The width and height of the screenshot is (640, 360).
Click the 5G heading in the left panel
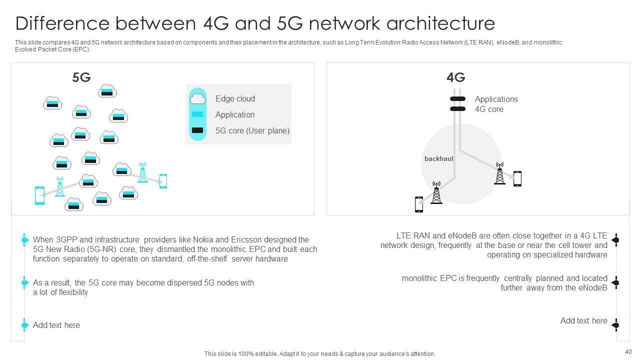[x=81, y=77]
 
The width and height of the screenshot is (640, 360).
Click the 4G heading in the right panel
[x=455, y=77]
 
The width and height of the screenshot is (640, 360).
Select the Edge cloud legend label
[x=235, y=99]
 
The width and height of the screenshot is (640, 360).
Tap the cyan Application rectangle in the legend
[x=197, y=114]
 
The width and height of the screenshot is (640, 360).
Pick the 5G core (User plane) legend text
[x=252, y=131]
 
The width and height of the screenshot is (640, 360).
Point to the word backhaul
[x=438, y=159]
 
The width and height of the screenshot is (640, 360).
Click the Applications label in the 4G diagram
[x=496, y=99]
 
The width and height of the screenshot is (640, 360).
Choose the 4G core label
[x=489, y=109]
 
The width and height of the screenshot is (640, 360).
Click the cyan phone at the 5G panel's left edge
[x=39, y=195]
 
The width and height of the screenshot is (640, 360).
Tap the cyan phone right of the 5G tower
[x=163, y=181]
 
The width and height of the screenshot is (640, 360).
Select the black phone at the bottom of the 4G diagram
[x=419, y=204]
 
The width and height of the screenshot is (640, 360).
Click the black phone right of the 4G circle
[x=517, y=178]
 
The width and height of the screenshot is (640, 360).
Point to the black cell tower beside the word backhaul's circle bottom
[x=436, y=192]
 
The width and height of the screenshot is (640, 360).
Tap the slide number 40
[x=628, y=351]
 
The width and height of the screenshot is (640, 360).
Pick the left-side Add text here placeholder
[x=56, y=325]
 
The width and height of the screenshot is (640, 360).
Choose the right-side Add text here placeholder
[x=583, y=321]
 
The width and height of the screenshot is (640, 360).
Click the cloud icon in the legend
[x=197, y=98]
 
